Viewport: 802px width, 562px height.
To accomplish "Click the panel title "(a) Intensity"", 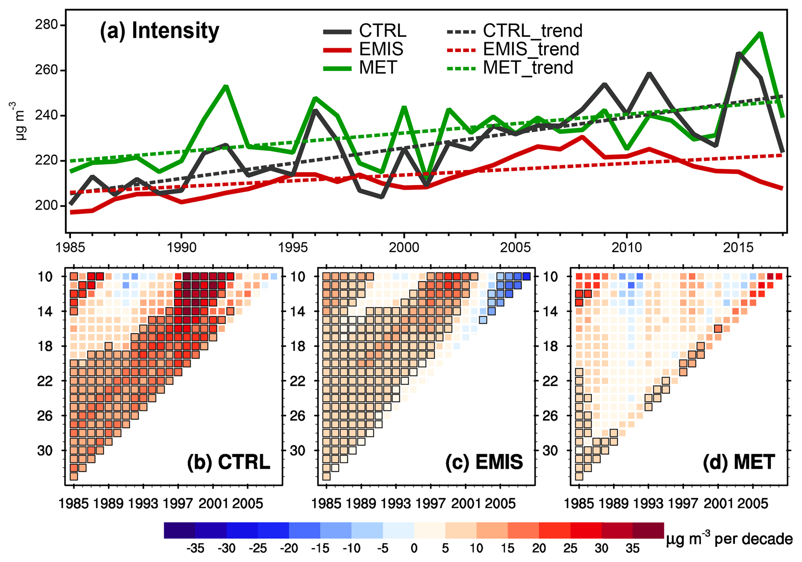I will (x=159, y=31).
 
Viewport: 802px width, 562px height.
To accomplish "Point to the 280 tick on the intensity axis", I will (x=46, y=25).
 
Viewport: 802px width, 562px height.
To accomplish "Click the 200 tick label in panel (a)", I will (x=46, y=206).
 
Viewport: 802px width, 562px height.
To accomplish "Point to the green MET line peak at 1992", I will (x=226, y=86).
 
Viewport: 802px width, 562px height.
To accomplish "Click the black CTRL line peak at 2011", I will (x=649, y=73).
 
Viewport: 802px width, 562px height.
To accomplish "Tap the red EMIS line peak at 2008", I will (x=582, y=137).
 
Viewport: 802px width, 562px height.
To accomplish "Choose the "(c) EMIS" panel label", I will (x=484, y=462).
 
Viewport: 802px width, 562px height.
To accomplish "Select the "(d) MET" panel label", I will (x=739, y=462).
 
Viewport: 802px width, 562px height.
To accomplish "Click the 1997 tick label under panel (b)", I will (x=178, y=504).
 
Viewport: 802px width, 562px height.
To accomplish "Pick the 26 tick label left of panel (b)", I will (x=45, y=416).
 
